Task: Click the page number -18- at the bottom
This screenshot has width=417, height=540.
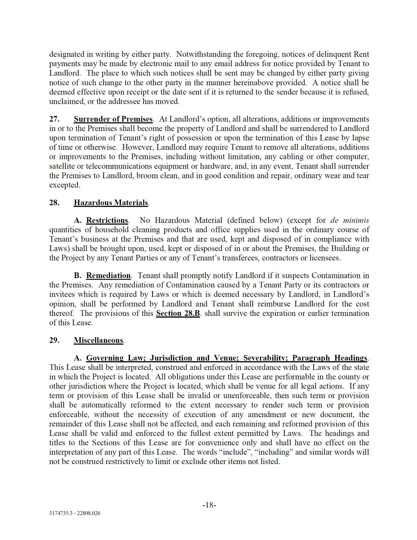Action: pos(209,505)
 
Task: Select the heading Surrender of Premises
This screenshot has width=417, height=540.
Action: pos(113,119)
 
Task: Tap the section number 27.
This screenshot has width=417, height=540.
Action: pos(54,119)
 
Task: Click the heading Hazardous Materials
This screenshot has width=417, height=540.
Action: pos(111,202)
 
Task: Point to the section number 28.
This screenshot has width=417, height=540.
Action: pos(54,202)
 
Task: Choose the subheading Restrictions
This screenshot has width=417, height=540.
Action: pos(107,220)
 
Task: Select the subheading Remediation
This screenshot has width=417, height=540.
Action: pos(108,276)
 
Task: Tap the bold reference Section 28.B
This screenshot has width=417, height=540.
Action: pos(178,313)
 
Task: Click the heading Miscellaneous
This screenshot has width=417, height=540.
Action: pos(98,340)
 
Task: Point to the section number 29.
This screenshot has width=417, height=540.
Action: pos(54,340)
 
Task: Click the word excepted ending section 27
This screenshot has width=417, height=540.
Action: pos(64,185)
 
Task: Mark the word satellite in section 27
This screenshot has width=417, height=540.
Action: pos(62,166)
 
